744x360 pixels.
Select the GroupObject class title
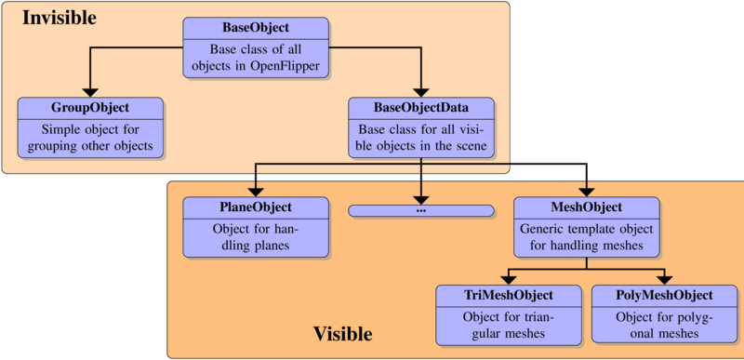(x=90, y=107)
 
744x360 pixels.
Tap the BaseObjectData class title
(x=421, y=107)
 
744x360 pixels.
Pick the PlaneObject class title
(x=255, y=207)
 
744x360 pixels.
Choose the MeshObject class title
(x=587, y=207)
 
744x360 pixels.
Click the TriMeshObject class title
(x=509, y=295)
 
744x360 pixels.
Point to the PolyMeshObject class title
(x=665, y=295)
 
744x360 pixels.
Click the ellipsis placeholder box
(x=421, y=210)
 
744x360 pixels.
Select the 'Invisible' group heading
(x=59, y=18)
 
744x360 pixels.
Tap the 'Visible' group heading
(x=342, y=333)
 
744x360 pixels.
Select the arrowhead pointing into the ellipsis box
(x=421, y=197)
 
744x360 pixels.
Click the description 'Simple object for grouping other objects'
(x=90, y=139)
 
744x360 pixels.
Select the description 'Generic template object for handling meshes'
(x=587, y=238)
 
